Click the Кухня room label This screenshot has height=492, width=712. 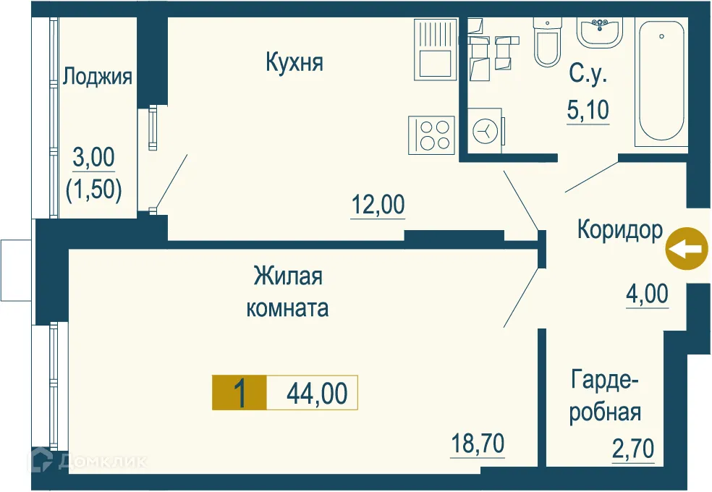(x=294, y=63)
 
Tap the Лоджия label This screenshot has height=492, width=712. (x=98, y=76)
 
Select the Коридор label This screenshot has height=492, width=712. (x=619, y=230)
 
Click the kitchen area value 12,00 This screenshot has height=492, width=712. (x=378, y=205)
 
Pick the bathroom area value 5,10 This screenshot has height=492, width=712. (x=588, y=111)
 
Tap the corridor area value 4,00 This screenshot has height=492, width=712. (x=647, y=294)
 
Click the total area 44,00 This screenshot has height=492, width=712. (x=317, y=394)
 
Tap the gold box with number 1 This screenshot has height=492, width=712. (x=239, y=394)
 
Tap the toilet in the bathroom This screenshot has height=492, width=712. (x=546, y=43)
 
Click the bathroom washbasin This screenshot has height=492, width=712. (x=599, y=31)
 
